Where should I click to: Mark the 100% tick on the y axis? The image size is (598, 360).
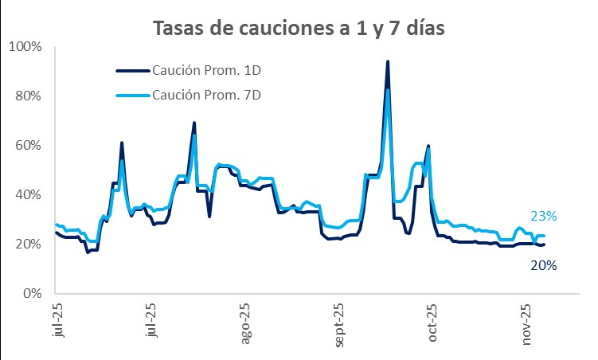pyautogui.click(x=26, y=46)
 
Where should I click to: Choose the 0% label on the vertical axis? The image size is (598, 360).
pyautogui.click(x=33, y=293)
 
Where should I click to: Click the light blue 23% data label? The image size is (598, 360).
pyautogui.click(x=543, y=216)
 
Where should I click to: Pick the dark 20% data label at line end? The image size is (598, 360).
pyautogui.click(x=543, y=265)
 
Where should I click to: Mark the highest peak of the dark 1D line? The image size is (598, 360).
pyautogui.click(x=387, y=61)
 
